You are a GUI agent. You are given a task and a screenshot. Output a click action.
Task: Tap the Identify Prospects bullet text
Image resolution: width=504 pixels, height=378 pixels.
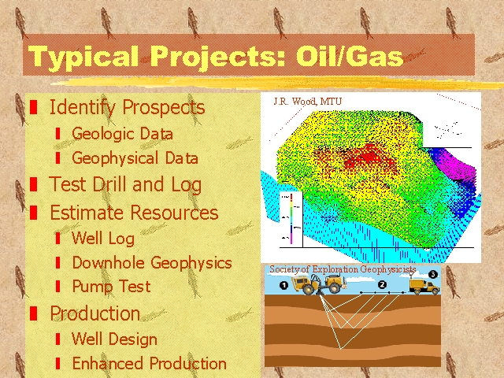[x=127, y=107]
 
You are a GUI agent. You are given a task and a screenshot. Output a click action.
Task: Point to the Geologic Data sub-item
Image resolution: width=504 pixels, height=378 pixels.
[x=122, y=134]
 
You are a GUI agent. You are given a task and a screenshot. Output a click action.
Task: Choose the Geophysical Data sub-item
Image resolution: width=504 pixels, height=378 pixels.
[x=135, y=158]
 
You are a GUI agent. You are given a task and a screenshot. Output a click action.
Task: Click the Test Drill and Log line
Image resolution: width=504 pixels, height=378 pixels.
[x=125, y=185]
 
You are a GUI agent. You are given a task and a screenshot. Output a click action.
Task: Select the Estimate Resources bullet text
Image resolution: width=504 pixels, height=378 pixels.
[x=134, y=213]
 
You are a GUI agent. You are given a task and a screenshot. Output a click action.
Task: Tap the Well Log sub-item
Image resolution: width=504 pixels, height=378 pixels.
[x=102, y=238]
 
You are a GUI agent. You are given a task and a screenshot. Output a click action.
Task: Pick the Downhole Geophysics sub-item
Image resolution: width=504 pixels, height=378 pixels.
[x=151, y=263]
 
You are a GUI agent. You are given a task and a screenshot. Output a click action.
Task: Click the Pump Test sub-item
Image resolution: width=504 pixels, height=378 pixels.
[x=110, y=287]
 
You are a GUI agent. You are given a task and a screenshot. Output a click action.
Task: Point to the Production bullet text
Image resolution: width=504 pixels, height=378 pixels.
[x=94, y=313]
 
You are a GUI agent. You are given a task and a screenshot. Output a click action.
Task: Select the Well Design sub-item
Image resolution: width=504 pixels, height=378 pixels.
[x=114, y=339]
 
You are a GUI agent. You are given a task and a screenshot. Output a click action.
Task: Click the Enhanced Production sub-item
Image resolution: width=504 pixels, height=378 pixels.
[x=149, y=364]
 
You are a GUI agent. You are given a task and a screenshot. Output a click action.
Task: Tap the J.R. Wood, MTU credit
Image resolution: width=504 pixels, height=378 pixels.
[x=308, y=102]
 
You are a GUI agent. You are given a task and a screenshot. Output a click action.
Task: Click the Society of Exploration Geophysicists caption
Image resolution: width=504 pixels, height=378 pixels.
[x=343, y=269]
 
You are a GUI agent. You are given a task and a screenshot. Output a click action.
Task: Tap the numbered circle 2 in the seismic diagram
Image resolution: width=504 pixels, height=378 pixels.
[x=382, y=283]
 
